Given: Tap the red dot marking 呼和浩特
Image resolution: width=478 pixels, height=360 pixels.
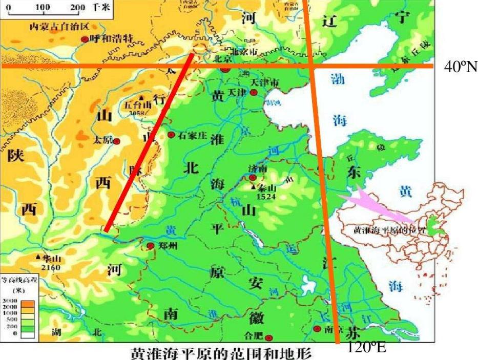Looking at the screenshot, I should point(85,39).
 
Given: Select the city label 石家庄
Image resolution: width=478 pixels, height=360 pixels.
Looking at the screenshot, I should point(192,135).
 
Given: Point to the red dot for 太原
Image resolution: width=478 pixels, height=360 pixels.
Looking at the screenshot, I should point(117,141).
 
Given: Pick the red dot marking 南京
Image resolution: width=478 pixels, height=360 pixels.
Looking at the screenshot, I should point(318,328).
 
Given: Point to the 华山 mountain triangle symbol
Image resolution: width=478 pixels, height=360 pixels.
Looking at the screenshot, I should point(38,257).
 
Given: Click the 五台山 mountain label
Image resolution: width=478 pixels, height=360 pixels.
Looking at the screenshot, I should point(136,105).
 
